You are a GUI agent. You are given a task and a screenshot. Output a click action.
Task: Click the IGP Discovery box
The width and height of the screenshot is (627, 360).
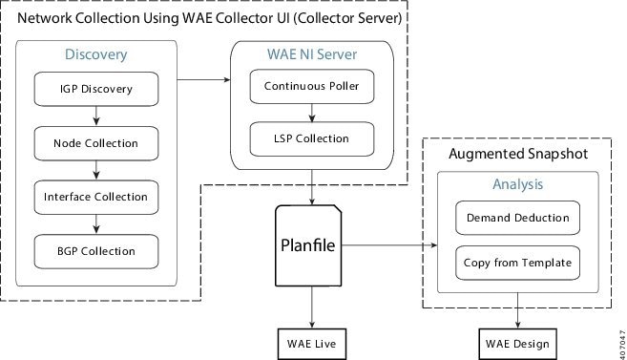(x=95, y=90)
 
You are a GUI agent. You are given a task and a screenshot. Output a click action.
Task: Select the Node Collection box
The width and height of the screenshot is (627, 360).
(x=95, y=143)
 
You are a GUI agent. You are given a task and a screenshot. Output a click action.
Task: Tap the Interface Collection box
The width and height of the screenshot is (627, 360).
(x=95, y=197)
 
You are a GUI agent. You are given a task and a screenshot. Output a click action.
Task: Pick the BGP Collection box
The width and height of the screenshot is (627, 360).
(x=95, y=250)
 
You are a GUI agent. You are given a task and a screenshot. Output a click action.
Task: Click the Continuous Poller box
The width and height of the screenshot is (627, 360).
(x=312, y=87)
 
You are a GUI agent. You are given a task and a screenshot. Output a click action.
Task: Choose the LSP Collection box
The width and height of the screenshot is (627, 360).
(x=312, y=139)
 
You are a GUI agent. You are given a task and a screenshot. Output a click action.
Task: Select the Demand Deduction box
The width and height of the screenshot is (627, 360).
(x=517, y=217)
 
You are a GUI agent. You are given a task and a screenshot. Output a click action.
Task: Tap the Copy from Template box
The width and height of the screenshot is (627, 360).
(x=517, y=262)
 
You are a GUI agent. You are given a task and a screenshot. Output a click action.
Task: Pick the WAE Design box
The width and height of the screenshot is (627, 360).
(x=517, y=341)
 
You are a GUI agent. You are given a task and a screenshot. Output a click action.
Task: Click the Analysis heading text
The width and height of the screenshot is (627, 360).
(x=517, y=183)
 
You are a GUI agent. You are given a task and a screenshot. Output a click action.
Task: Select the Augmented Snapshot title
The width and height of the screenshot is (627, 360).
(x=517, y=154)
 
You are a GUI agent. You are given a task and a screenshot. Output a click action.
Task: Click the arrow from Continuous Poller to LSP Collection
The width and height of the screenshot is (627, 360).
(x=312, y=113)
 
